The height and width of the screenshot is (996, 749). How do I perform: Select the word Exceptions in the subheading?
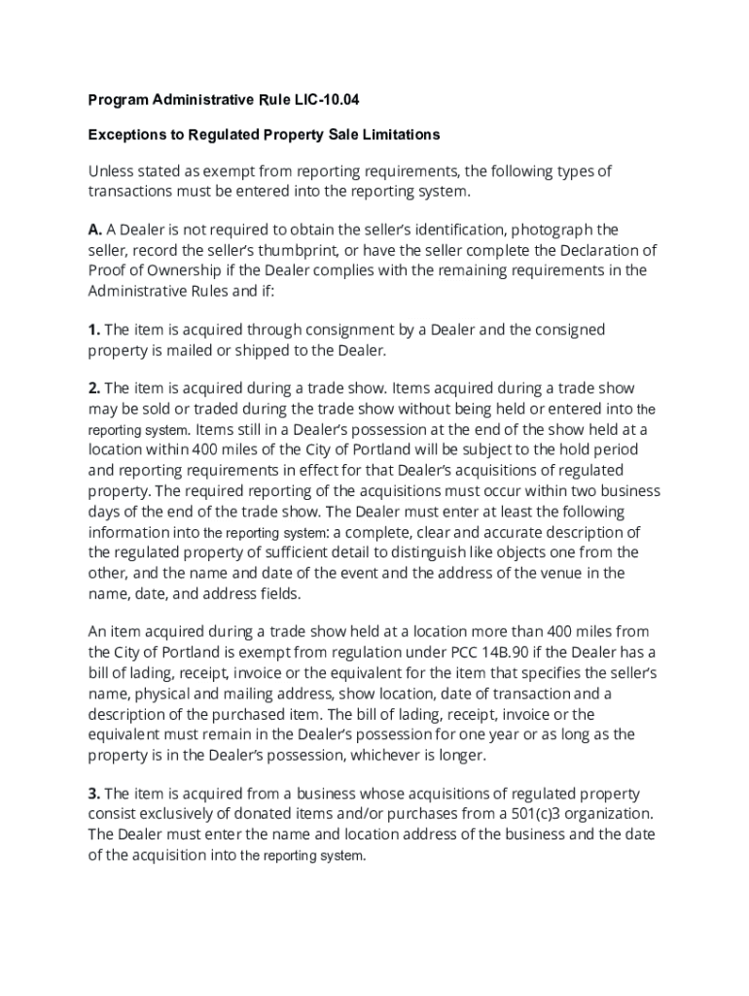125,134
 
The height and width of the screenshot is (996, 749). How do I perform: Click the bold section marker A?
95,230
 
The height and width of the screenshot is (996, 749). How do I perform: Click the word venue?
558,573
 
